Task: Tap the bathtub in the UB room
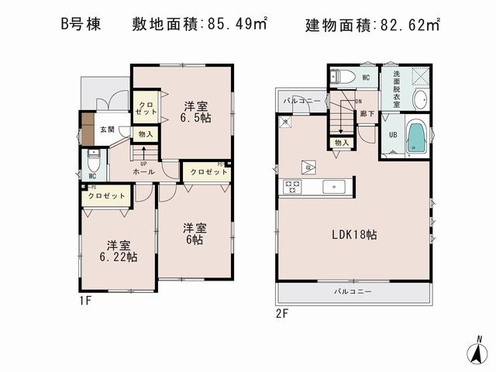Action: coord(416,138)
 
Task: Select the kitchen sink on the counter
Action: coord(336,186)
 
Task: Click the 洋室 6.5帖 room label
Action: coord(195,112)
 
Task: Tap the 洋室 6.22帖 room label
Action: coord(117,250)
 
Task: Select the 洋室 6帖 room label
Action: coord(195,234)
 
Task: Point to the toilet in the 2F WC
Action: coord(342,77)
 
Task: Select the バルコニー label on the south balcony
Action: coord(353,292)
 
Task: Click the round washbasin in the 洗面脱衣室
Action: coord(418,99)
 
